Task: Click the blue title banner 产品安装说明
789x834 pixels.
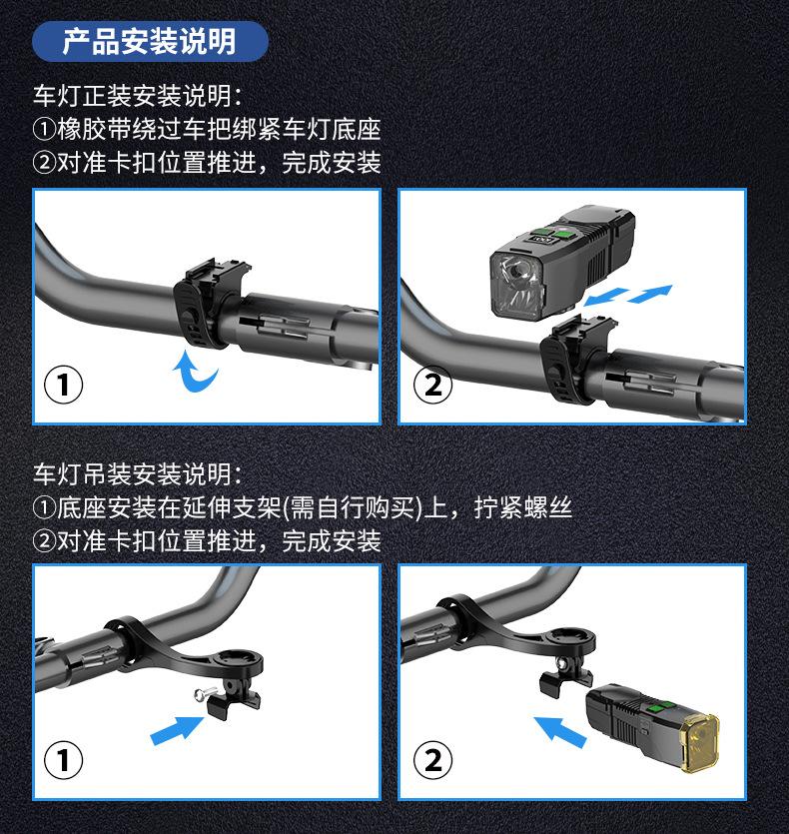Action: pyautogui.click(x=150, y=42)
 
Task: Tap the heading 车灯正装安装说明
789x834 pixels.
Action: pyautogui.click(x=133, y=96)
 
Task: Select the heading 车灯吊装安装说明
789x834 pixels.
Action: pyautogui.click(x=133, y=474)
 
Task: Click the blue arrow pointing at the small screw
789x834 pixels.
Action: pyautogui.click(x=177, y=730)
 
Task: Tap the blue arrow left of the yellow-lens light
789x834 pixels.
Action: pyautogui.click(x=559, y=731)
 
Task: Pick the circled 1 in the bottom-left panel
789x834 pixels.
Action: pyautogui.click(x=63, y=760)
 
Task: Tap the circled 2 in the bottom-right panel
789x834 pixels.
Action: pyautogui.click(x=433, y=760)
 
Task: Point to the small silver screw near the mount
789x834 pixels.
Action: pyautogui.click(x=205, y=694)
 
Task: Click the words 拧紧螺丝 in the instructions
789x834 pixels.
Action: pyautogui.click(x=523, y=507)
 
